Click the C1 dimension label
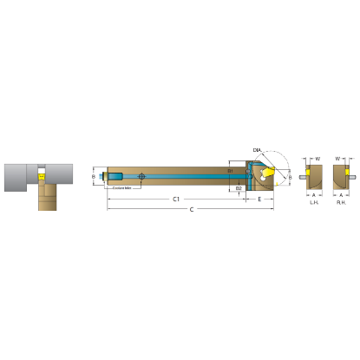tap(176, 199)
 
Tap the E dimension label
tap(260, 199)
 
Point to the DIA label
tap(257, 150)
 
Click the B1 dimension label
tap(230, 171)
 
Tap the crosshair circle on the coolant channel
tap(142, 177)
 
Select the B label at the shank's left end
tap(94, 176)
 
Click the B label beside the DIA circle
tap(290, 177)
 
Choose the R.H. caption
tap(341, 202)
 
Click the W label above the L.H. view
tap(318, 159)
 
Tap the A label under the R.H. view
tap(341, 195)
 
